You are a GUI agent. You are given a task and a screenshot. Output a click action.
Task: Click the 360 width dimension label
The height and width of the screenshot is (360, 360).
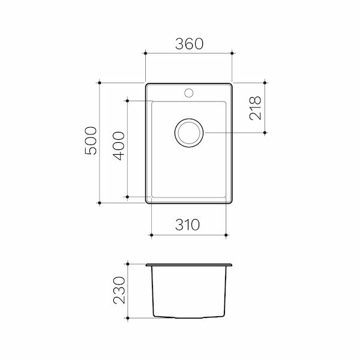click(189, 44)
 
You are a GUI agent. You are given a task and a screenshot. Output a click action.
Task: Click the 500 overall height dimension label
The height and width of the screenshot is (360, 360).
click(90, 142)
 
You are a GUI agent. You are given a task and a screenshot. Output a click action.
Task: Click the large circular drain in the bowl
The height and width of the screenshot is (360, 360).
click(190, 133)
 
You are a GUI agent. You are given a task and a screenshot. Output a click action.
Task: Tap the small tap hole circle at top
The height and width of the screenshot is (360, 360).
click(189, 92)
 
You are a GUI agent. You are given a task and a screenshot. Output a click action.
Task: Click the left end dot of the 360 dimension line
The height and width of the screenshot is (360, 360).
click(146, 53)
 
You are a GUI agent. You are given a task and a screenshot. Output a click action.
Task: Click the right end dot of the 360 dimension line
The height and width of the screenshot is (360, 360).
click(232, 53)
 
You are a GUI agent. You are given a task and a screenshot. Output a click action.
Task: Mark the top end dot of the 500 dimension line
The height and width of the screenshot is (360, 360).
click(99, 82)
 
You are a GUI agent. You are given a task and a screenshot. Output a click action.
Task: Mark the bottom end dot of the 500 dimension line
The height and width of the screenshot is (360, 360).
click(99, 203)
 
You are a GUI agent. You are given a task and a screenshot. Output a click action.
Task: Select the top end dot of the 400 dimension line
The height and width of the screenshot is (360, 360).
click(128, 100)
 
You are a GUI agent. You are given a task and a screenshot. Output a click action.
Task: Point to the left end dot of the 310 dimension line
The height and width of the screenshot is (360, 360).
click(151, 235)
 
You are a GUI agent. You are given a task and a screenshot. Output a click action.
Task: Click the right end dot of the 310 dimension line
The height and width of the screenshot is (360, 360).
click(227, 235)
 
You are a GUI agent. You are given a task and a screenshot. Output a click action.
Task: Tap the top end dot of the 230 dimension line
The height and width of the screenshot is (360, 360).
click(128, 263)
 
